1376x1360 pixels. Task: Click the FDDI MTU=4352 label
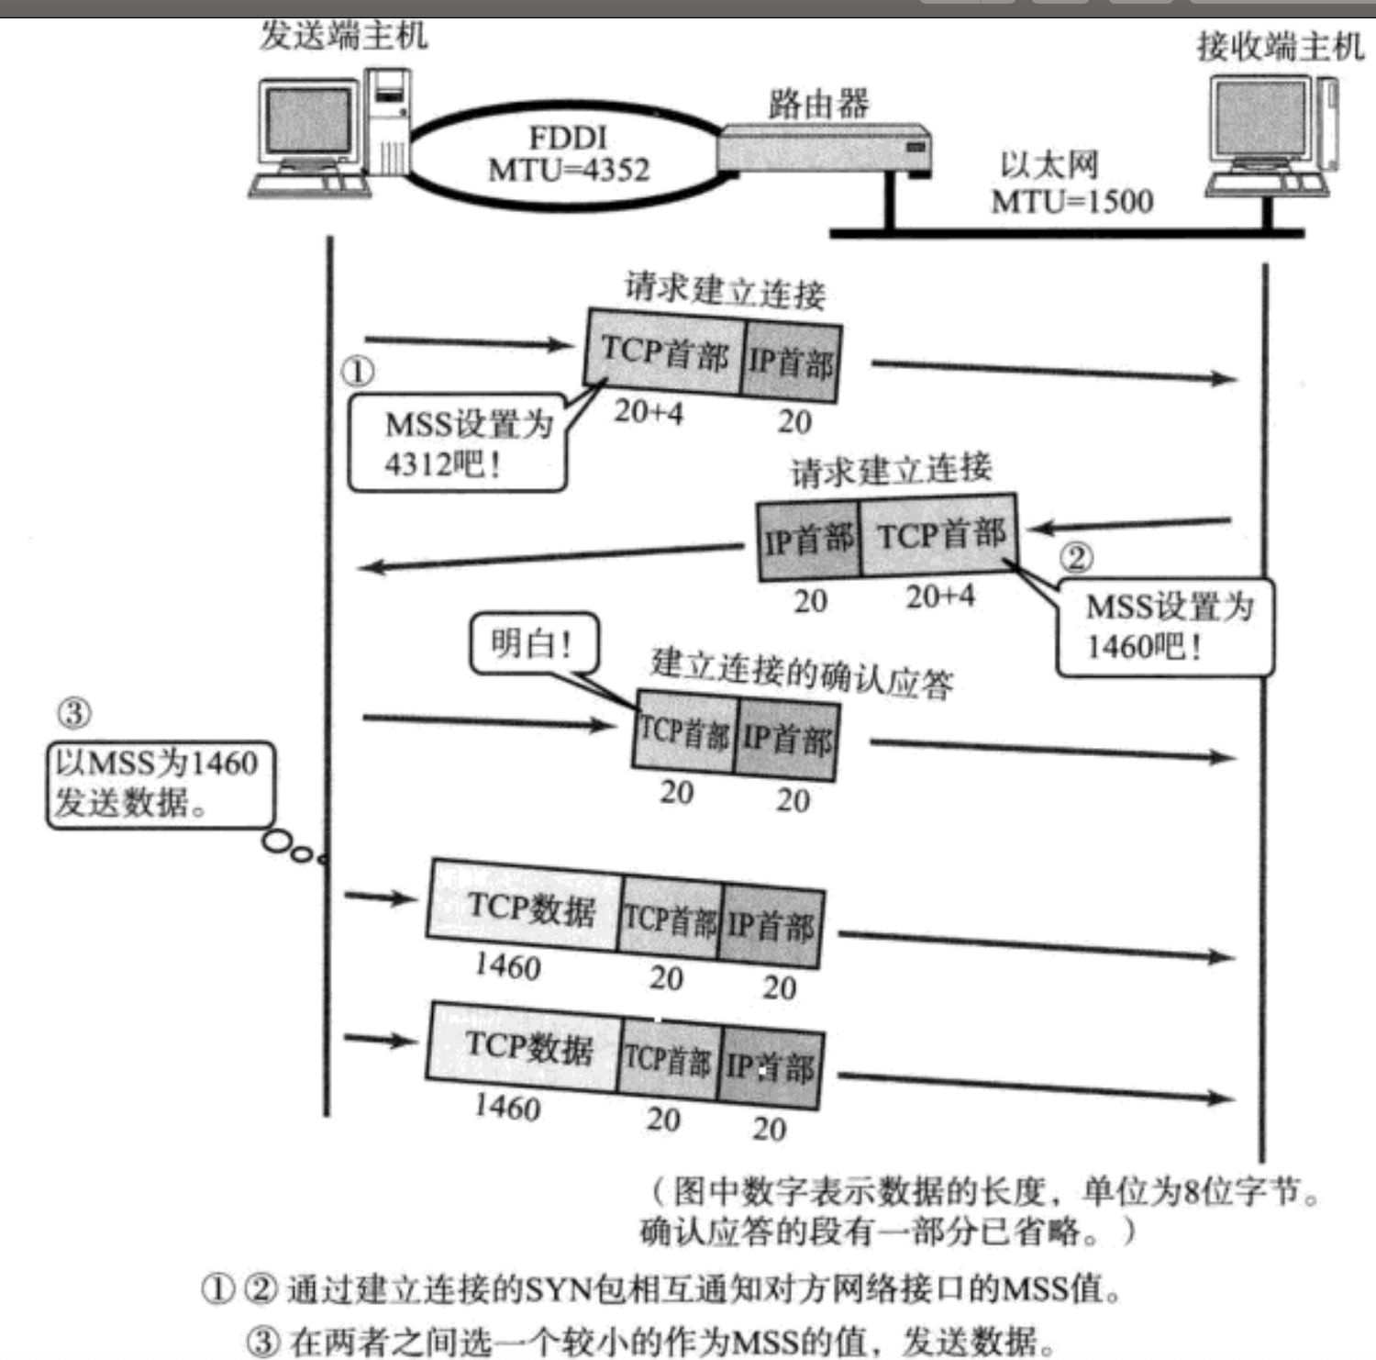[569, 154]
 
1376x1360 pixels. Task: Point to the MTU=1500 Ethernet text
[1071, 201]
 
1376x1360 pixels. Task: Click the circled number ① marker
[358, 372]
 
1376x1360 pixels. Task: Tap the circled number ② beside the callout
[1076, 557]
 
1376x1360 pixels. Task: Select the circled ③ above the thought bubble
[74, 713]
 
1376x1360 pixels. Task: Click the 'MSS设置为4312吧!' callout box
[457, 443]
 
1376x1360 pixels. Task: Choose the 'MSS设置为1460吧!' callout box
[1165, 627]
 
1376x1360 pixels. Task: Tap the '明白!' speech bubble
[533, 643]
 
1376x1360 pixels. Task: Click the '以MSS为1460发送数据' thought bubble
[160, 783]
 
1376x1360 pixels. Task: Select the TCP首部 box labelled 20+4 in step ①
[664, 353]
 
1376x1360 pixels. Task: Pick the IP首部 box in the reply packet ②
[808, 540]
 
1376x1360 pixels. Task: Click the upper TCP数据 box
[526, 907]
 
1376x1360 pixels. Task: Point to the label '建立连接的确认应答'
[801, 674]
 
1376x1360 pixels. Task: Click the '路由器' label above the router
[818, 104]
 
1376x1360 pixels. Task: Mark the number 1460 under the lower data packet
[507, 1107]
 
